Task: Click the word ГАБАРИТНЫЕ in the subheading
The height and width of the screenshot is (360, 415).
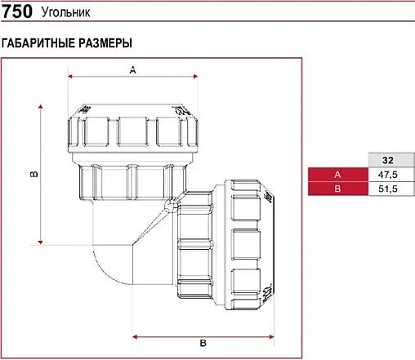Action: [38, 42]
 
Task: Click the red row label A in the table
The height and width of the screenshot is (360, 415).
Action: [337, 175]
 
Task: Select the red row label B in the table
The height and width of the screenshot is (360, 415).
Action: [337, 189]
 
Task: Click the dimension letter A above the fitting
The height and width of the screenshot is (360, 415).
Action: [132, 71]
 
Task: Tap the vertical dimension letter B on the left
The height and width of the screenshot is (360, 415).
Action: [33, 174]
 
